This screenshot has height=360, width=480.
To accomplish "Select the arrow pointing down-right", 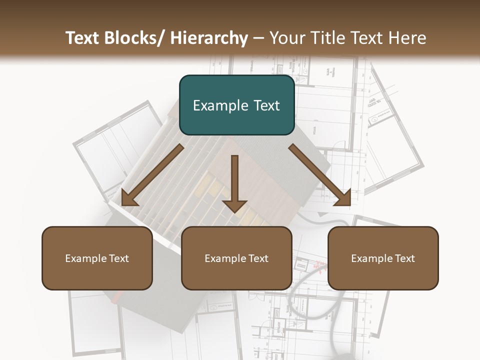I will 320,175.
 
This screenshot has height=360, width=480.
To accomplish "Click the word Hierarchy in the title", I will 209,38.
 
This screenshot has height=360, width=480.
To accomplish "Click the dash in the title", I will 258,38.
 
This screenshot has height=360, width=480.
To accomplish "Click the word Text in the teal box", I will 266,105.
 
